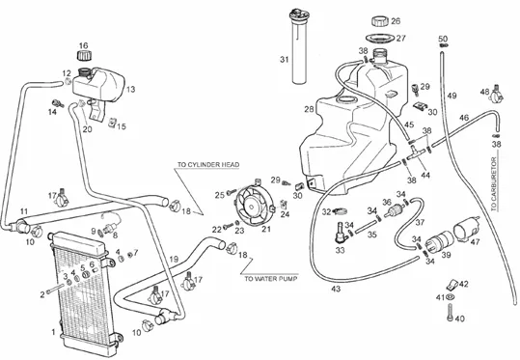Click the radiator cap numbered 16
click(x=84, y=55)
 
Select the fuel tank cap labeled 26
click(x=379, y=21)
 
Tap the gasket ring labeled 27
click(x=380, y=39)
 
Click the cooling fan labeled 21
click(x=254, y=206)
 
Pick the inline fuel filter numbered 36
click(x=393, y=210)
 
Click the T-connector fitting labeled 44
click(x=416, y=152)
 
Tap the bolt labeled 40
click(x=450, y=313)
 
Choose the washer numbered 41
click(x=450, y=296)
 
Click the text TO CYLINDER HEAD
click(x=208, y=165)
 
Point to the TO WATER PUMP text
click(x=270, y=279)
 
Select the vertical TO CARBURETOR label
click(x=494, y=184)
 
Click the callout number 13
click(x=130, y=89)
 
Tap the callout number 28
click(x=309, y=109)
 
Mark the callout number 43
click(x=336, y=289)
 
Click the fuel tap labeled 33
click(x=341, y=230)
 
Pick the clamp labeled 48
click(x=496, y=95)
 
